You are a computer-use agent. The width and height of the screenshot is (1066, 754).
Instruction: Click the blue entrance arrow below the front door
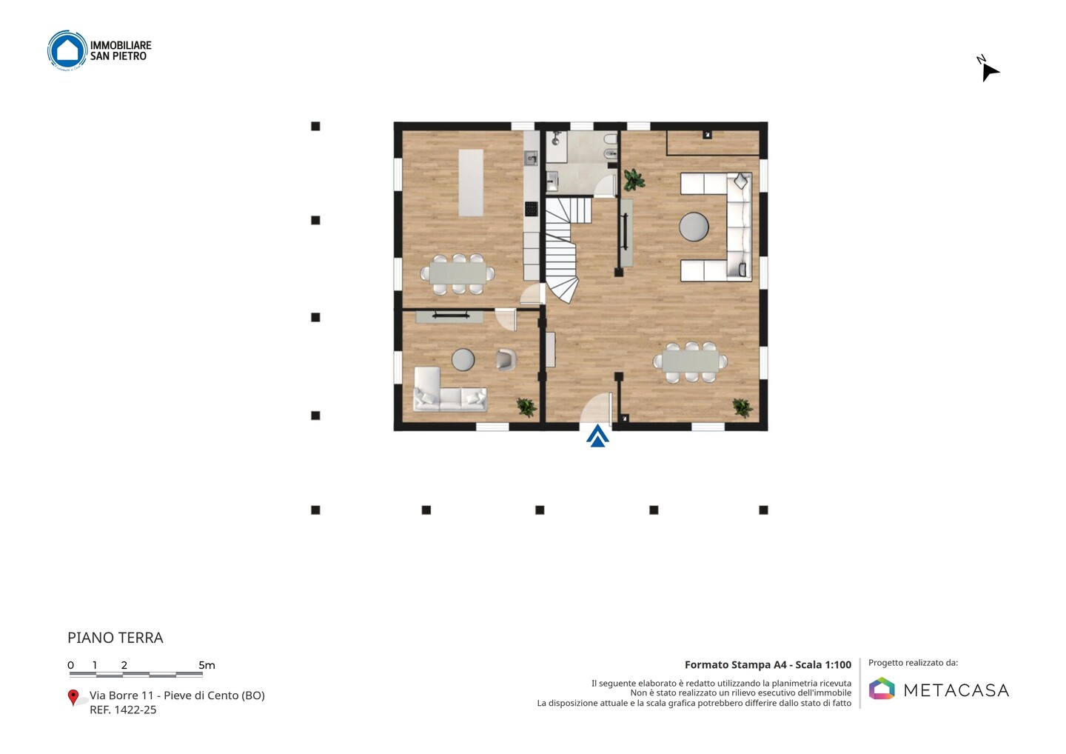pos(597,436)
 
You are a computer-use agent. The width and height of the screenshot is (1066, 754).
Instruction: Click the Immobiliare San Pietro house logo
pos(67,50)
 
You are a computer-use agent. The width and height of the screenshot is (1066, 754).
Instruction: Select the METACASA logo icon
pos(882,688)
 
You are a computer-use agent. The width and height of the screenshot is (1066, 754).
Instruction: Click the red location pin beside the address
pos(73,698)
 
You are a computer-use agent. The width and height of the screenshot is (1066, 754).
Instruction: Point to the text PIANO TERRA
pos(115,638)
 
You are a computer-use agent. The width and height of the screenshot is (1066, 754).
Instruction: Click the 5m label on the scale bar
pos(207,665)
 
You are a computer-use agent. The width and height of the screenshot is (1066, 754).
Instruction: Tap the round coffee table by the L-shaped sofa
pos(694,227)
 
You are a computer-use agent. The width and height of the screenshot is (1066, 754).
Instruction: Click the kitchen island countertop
pos(471,183)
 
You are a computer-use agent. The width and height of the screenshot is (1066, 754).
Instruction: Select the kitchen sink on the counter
pos(531,158)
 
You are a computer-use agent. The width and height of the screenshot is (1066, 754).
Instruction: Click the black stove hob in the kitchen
pos(531,209)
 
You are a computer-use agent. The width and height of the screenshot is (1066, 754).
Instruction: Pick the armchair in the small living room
pos(506,359)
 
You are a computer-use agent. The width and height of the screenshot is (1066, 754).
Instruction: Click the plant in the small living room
pos(526,407)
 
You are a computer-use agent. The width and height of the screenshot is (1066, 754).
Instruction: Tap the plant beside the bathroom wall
pos(634,179)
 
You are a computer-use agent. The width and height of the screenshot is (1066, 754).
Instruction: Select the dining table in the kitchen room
pos(457,274)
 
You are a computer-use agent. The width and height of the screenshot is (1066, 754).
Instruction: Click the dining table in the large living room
pos(691,361)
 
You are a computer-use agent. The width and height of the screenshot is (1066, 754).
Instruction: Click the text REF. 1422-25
pos(123,710)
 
